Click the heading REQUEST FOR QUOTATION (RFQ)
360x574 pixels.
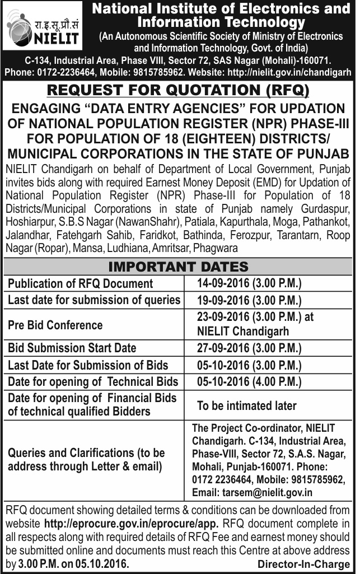pos(177,90)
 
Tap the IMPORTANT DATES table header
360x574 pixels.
pos(177,266)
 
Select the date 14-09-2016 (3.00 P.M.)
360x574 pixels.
pos(249,283)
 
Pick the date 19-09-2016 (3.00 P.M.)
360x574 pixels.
pos(249,300)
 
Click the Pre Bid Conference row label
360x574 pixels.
pos(55,325)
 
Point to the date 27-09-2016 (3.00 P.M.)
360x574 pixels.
pos(249,348)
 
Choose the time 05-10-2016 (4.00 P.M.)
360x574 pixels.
pos(249,382)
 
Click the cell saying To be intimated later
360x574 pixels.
pos(247,405)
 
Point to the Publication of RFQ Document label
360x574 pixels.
pos(81,283)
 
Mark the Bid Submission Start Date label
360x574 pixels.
pos(72,348)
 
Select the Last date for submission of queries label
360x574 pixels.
pos(94,300)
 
